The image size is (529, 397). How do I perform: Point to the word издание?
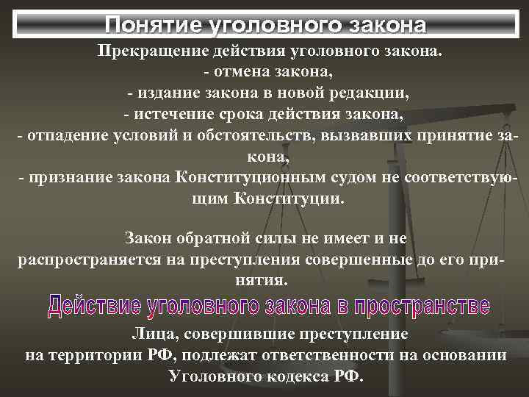166,95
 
